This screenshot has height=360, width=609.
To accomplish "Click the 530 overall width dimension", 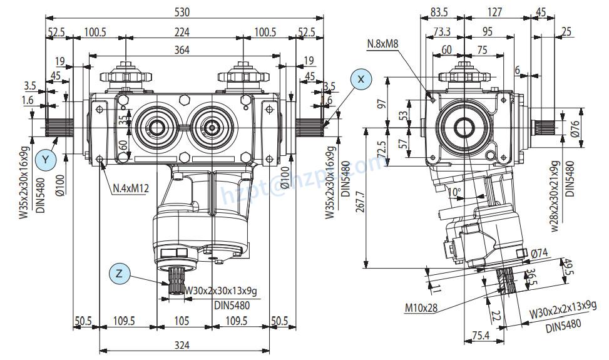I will (x=183, y=12).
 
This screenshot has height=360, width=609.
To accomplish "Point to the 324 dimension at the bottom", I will (x=183, y=344).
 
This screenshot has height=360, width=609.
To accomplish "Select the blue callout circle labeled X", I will (x=361, y=79).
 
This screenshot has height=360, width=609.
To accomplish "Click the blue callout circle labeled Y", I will (x=44, y=160).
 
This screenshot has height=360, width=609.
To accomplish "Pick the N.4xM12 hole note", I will (x=130, y=188).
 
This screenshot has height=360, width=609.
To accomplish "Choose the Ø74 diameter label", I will (x=540, y=253).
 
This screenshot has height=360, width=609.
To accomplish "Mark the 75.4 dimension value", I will (x=480, y=336).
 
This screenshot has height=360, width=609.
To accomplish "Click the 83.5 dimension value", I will (x=439, y=12).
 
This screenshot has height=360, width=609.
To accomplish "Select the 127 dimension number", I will (x=494, y=12).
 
